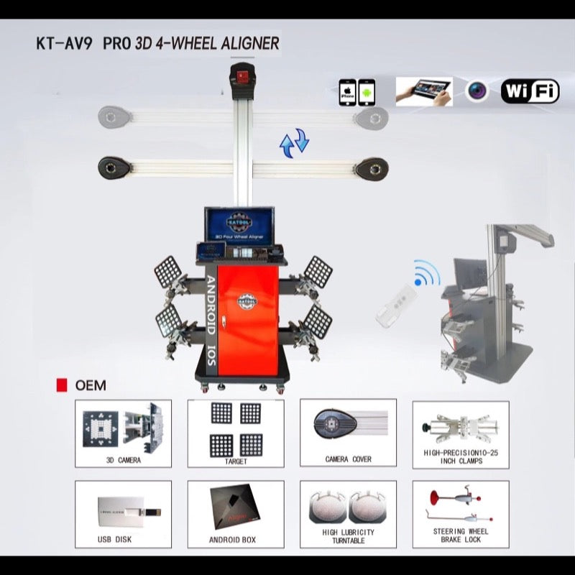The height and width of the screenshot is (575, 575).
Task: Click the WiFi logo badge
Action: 530,91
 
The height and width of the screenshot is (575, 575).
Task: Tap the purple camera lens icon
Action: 476,91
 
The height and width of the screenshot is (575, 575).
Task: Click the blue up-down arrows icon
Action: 294,142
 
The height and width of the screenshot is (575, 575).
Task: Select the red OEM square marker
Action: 62,385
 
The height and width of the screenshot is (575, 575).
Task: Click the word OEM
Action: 91,385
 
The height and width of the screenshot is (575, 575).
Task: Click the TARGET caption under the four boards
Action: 236,461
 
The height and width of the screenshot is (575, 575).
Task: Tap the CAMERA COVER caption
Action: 348,459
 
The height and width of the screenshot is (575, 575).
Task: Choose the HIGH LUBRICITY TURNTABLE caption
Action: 348,536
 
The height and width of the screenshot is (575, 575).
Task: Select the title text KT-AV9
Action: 64,43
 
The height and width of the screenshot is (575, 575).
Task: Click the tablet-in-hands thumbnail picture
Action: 424,91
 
